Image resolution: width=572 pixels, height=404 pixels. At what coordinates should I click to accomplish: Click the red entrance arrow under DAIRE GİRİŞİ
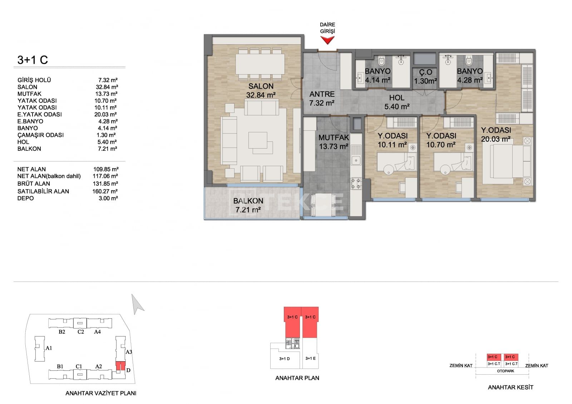click(327, 40)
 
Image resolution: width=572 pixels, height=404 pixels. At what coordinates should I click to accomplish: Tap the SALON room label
click(261, 86)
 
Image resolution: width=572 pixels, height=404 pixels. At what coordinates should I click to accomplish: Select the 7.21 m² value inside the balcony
click(248, 210)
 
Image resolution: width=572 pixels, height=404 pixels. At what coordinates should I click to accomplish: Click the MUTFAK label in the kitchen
click(334, 138)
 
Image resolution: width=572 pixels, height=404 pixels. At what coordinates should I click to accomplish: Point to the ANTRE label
click(322, 94)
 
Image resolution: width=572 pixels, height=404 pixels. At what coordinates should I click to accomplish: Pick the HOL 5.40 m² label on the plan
click(397, 102)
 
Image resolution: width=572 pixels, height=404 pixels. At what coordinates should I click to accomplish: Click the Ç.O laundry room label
click(425, 72)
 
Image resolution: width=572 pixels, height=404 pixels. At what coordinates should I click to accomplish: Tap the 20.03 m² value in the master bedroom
click(495, 139)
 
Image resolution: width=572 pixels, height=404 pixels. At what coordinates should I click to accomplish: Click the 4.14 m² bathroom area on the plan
click(378, 80)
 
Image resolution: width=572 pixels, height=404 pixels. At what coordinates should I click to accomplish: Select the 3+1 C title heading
click(33, 60)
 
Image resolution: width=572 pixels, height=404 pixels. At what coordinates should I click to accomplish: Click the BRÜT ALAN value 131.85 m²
click(105, 184)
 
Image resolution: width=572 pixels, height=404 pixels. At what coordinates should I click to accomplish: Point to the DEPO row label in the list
click(25, 198)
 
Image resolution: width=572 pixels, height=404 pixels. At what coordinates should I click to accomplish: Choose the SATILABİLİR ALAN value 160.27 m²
click(105, 191)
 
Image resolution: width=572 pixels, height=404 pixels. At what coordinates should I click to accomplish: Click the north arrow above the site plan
click(137, 304)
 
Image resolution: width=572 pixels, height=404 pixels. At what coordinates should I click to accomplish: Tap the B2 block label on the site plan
click(62, 332)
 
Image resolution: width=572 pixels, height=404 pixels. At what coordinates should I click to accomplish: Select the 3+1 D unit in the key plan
click(285, 359)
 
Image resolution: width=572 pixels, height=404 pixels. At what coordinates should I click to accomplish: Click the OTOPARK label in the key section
click(506, 371)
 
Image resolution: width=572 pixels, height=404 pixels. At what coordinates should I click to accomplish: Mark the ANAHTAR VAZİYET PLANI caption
click(101, 393)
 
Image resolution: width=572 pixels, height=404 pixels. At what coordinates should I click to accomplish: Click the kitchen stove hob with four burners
click(356, 184)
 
